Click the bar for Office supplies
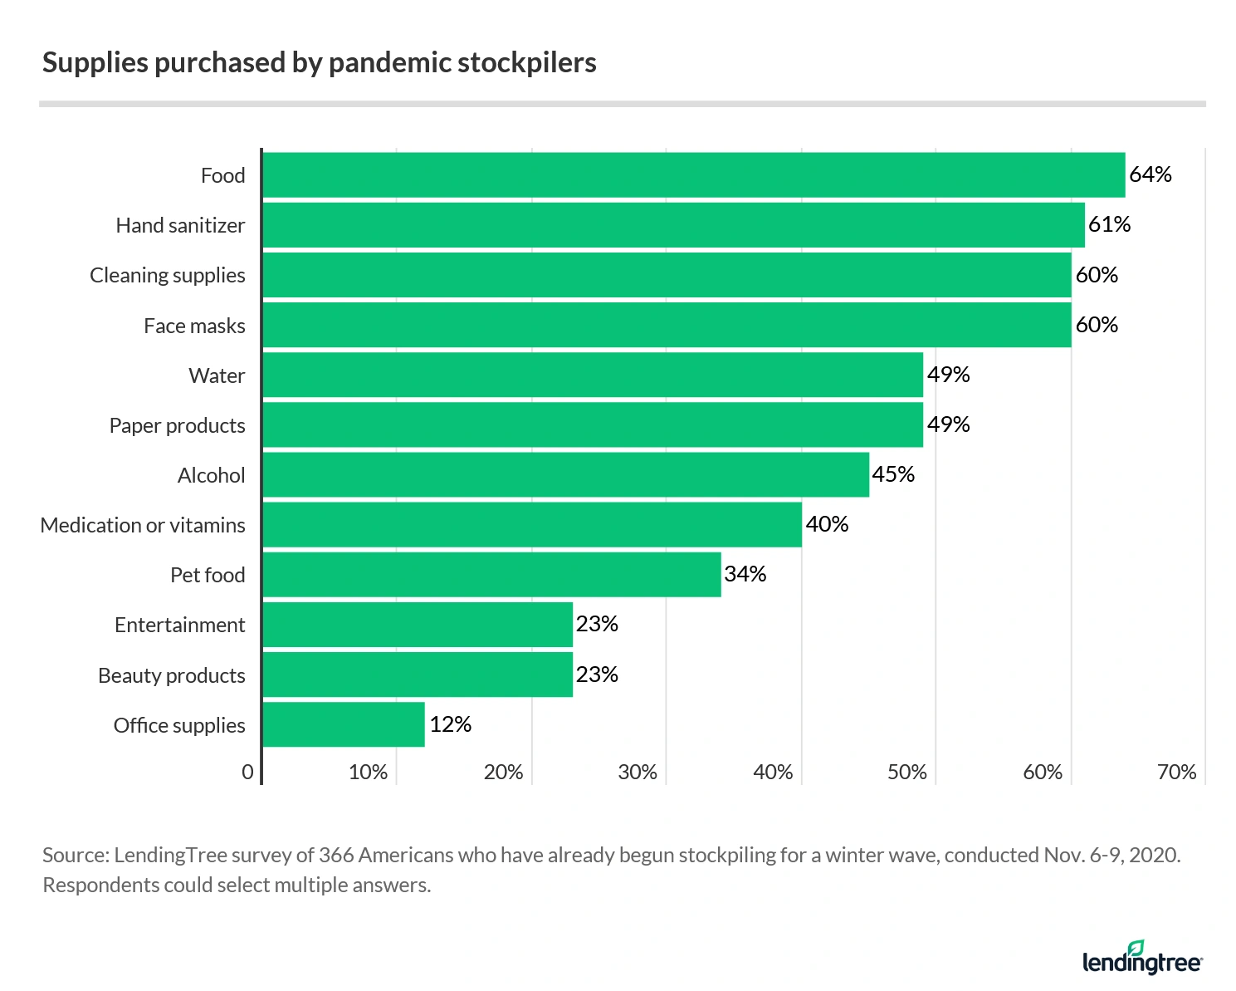[344, 724]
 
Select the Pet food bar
[491, 575]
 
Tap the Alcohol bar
[565, 475]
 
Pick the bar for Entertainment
[418, 625]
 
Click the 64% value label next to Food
[1151, 174]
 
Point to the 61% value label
[1110, 224]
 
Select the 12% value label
[451, 724]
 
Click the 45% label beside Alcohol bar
[893, 474]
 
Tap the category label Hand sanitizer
[180, 225]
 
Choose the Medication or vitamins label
[143, 525]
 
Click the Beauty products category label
[172, 675]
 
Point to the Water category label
[217, 375]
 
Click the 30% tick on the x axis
[638, 773]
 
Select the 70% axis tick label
[1176, 773]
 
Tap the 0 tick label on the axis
[247, 773]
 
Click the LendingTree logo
[1142, 959]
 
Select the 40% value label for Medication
[827, 524]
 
